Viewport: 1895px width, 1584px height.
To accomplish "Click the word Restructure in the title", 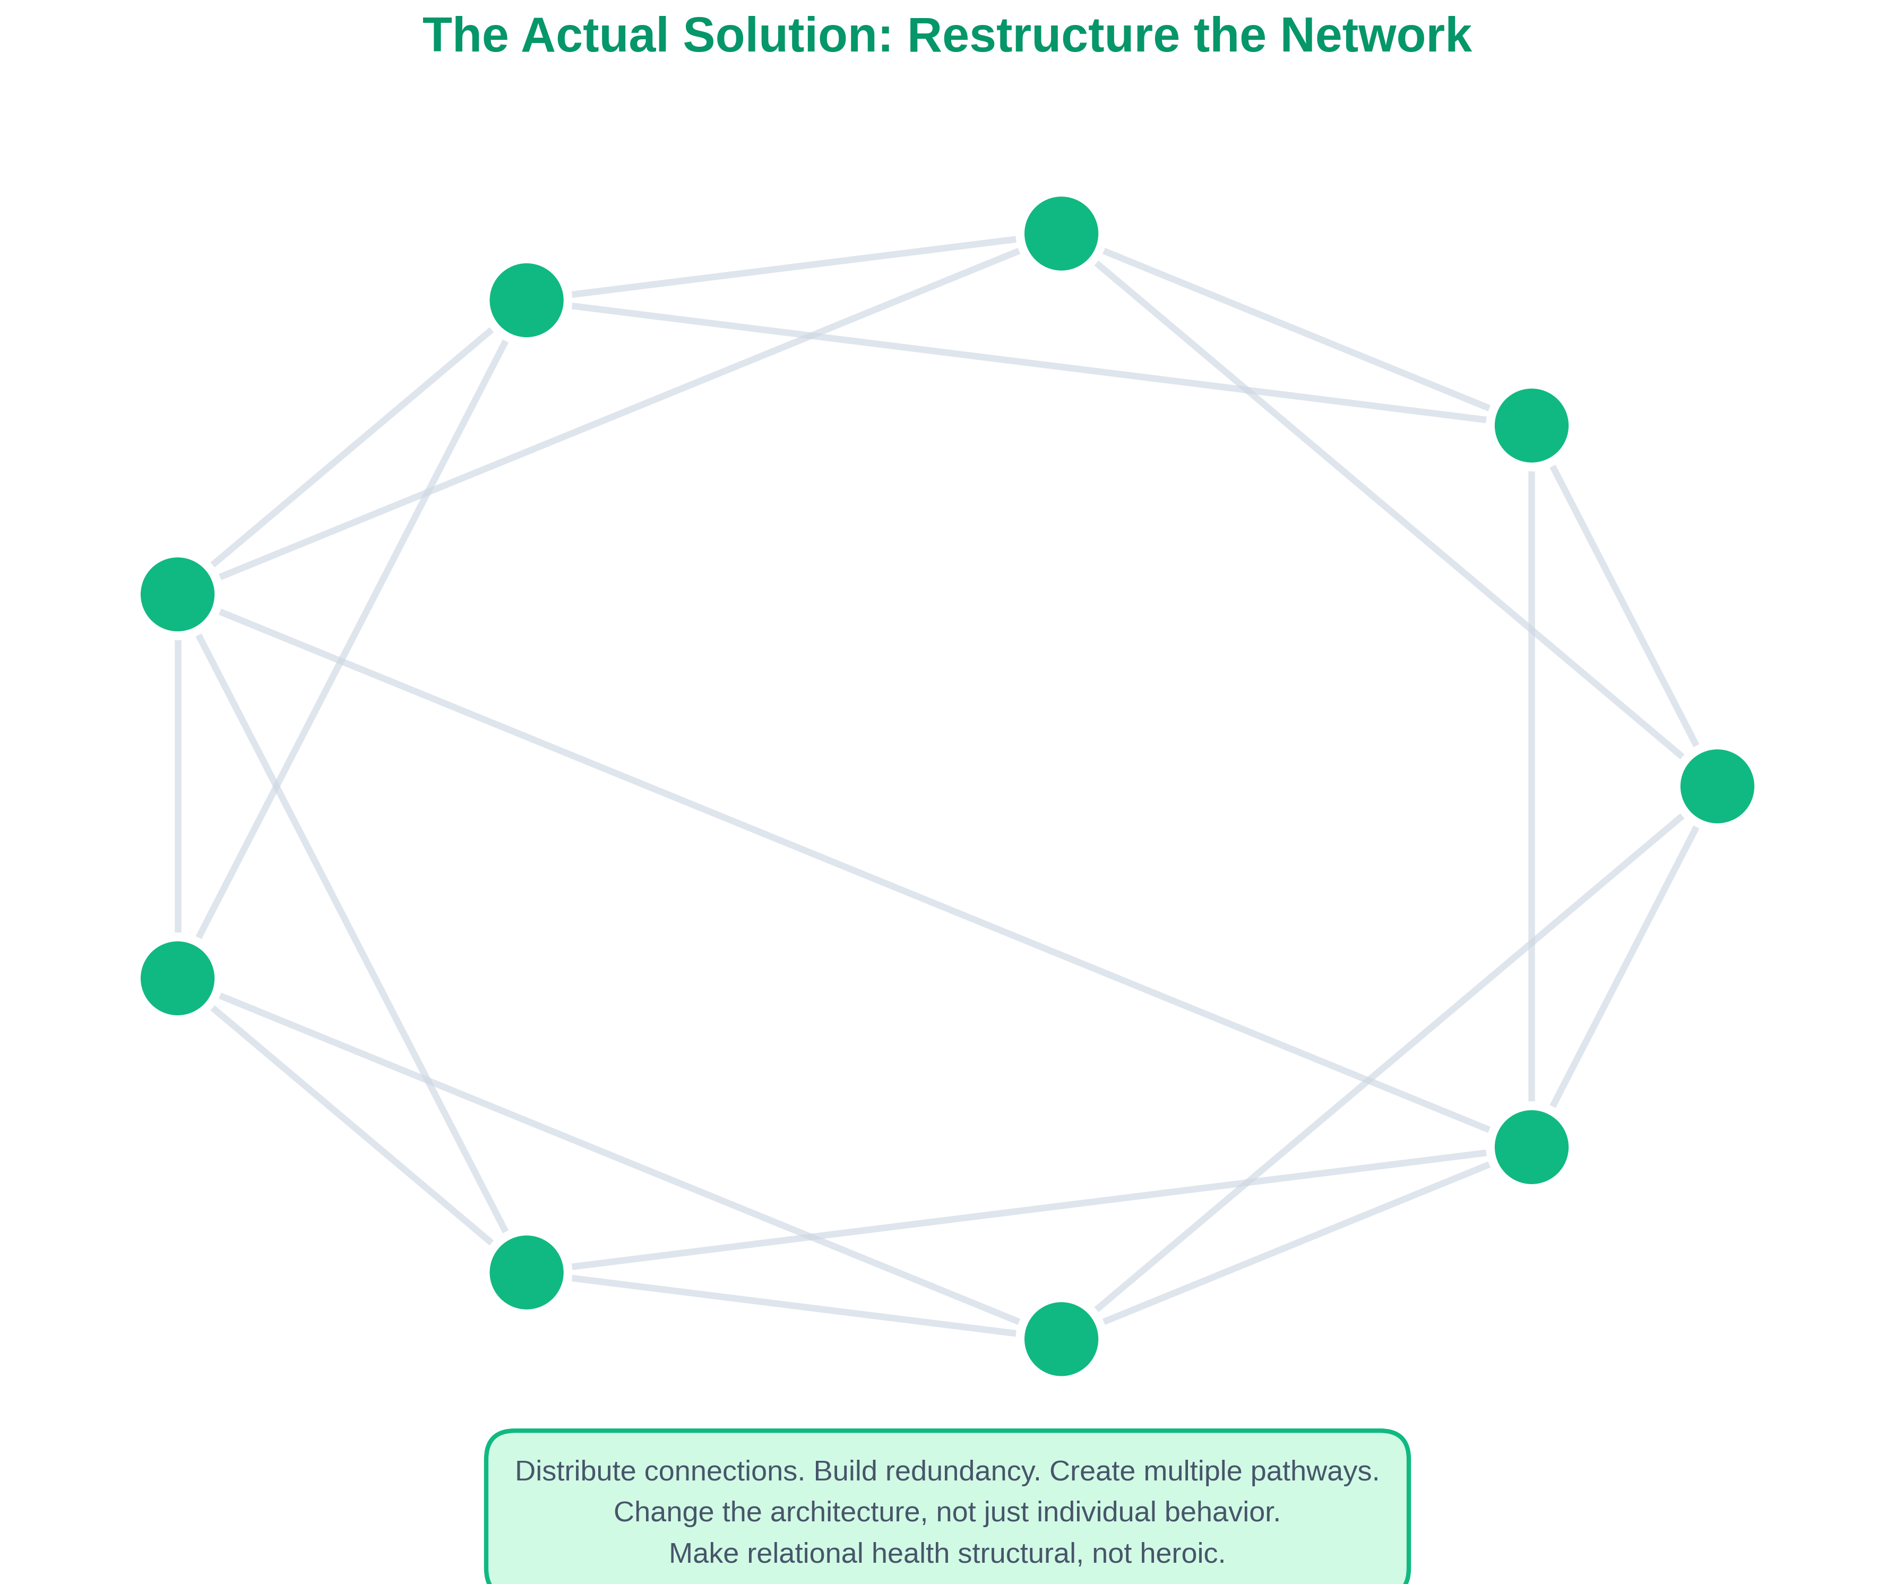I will pyautogui.click(x=1043, y=36).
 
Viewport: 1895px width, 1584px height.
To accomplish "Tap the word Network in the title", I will pyautogui.click(x=1375, y=36).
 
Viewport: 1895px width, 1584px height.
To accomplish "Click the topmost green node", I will pyautogui.click(x=1061, y=234).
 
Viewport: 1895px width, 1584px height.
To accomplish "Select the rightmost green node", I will pyautogui.click(x=1717, y=786).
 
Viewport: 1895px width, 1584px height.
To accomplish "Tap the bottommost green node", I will pyautogui.click(x=1061, y=1339).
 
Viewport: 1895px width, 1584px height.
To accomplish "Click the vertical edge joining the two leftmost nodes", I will pyautogui.click(x=178, y=785).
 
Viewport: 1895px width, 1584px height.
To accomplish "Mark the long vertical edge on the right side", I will pyautogui.click(x=1531, y=785).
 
